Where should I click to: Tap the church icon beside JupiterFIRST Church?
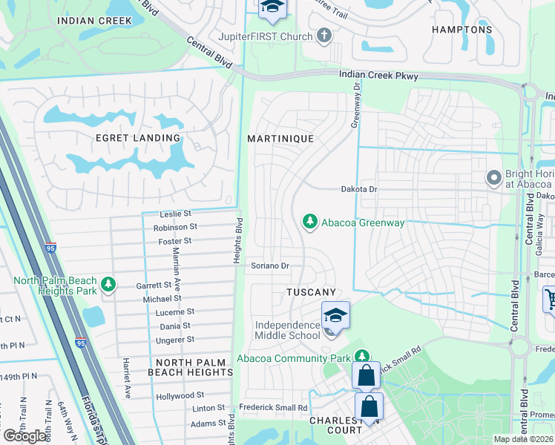click(324, 36)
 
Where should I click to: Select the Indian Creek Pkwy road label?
click(378, 76)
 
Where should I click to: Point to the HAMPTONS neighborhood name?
click(463, 30)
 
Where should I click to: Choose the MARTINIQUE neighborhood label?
click(280, 139)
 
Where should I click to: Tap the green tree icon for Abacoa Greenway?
click(310, 221)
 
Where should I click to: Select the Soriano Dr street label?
click(269, 266)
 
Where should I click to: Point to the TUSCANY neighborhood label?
click(312, 293)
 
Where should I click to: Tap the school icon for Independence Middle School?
click(335, 315)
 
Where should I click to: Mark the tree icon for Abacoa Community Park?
click(361, 357)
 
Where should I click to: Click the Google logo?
click(26, 436)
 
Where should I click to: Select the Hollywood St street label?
click(180, 396)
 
